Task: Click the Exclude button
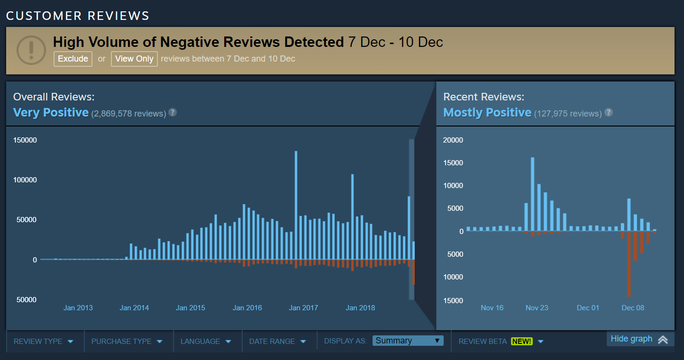click(x=73, y=59)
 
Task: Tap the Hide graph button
click(x=639, y=339)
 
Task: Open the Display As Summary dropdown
click(x=408, y=341)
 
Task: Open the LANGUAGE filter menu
click(x=206, y=341)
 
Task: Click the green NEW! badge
click(x=521, y=341)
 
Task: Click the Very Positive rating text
click(x=51, y=112)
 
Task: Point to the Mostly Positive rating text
click(x=487, y=112)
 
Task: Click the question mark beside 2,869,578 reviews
click(x=173, y=112)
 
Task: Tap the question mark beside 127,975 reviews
click(x=609, y=112)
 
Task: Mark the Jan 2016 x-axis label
click(x=247, y=308)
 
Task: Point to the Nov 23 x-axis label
click(x=537, y=308)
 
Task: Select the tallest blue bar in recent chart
click(x=532, y=194)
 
